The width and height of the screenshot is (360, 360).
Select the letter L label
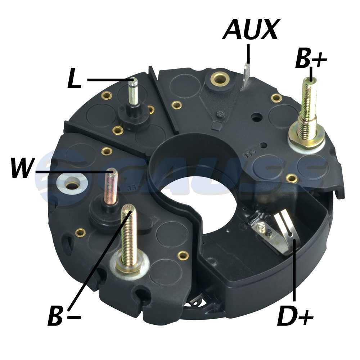click(x=75, y=78)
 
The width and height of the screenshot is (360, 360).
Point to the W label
click(x=22, y=167)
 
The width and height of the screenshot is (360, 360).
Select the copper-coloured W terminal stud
click(x=111, y=187)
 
